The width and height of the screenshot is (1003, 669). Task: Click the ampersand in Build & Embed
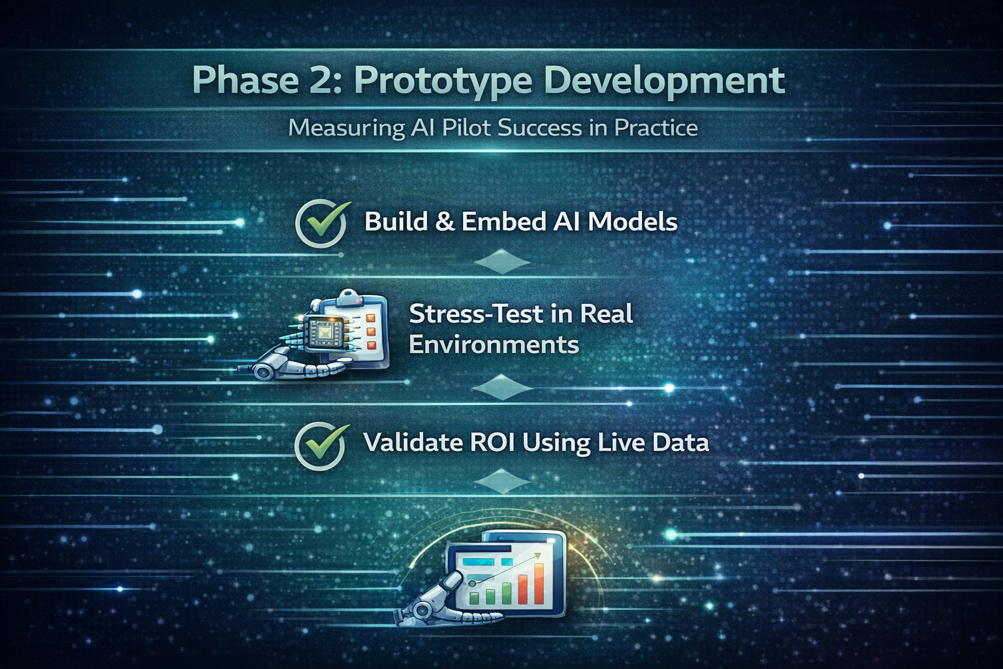tap(444, 222)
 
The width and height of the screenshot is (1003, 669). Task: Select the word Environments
tap(494, 345)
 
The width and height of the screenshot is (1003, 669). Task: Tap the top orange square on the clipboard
tap(371, 318)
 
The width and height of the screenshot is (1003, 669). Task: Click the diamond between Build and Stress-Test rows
tap(502, 262)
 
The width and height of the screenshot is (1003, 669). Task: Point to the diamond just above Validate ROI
tap(502, 388)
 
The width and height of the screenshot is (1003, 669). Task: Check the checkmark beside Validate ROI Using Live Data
tap(321, 446)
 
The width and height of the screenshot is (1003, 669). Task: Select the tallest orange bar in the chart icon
tap(539, 584)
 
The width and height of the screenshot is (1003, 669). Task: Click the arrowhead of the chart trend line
tap(537, 556)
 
